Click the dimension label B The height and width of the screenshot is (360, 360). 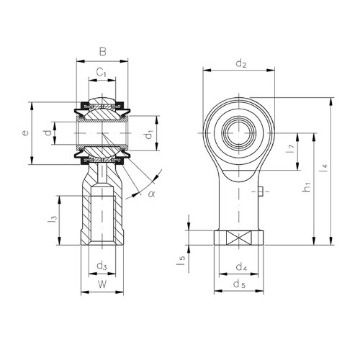(103, 51)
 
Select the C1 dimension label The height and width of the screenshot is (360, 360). (102, 72)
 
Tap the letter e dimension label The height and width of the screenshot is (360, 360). (25, 132)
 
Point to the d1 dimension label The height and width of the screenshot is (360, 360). (149, 135)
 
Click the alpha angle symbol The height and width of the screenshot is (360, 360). (152, 193)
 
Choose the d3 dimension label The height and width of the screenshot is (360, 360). (102, 266)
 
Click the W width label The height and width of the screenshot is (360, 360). (102, 284)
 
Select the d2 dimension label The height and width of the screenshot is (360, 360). (241, 64)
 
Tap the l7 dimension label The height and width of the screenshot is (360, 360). (289, 150)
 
